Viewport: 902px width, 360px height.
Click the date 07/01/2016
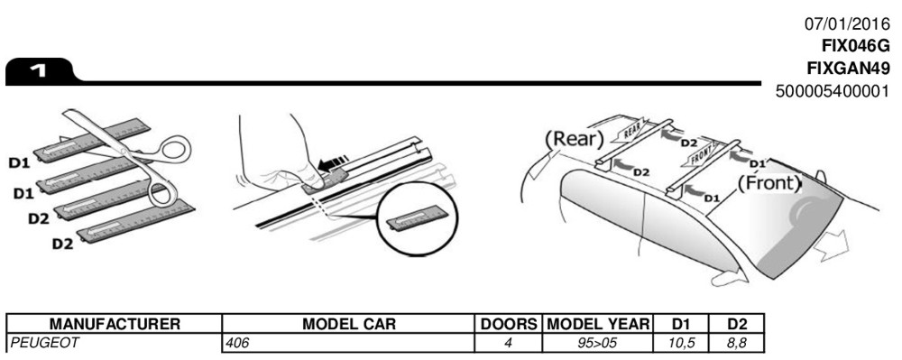coord(847,24)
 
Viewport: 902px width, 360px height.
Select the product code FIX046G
coord(855,46)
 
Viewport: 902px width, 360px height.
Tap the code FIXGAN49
coord(848,69)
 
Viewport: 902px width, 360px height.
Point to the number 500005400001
coord(833,91)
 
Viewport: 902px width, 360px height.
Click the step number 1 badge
coord(41,72)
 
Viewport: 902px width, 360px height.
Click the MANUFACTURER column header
coord(115,324)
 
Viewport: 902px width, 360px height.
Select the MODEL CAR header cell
coord(348,324)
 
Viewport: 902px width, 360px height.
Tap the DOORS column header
coord(509,324)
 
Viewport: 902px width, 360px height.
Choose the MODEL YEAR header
coord(598,324)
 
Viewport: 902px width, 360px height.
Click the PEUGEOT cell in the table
coord(43,344)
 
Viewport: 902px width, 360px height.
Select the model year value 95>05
coord(597,344)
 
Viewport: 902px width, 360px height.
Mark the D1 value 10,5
coord(681,344)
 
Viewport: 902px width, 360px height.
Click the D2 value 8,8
coord(736,344)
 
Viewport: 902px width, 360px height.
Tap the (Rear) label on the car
coord(574,139)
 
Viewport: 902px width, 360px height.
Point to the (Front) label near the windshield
coord(769,183)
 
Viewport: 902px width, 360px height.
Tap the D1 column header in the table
coord(681,324)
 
